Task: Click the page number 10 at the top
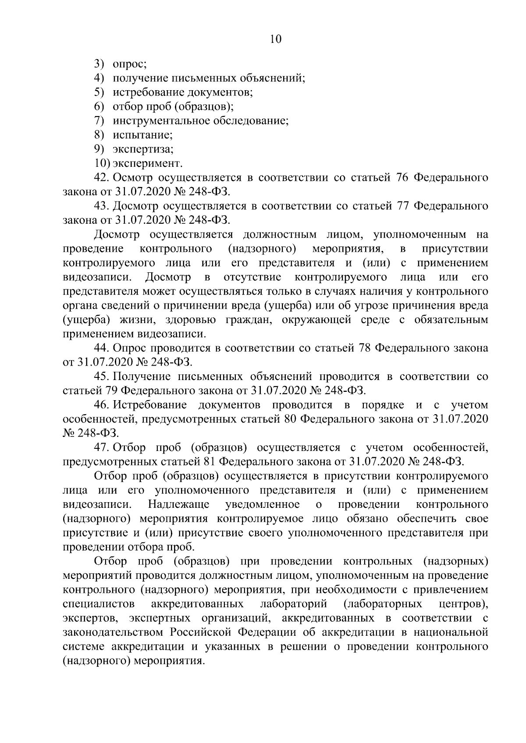click(x=275, y=39)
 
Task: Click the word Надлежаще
click(x=179, y=504)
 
